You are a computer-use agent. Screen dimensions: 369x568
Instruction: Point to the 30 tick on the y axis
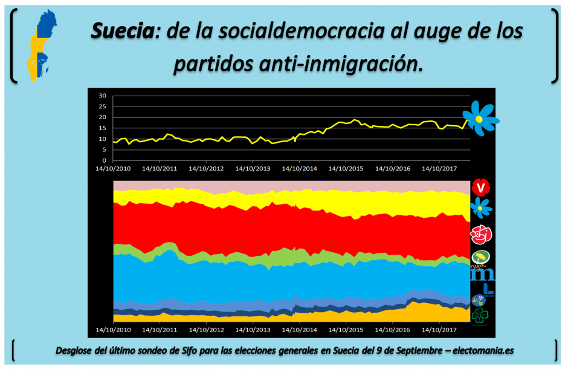point(102,96)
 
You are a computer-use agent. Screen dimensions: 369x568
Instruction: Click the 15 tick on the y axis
point(102,128)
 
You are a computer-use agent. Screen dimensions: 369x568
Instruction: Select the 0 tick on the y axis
point(104,160)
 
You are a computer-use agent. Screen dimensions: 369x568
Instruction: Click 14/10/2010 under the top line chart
point(113,169)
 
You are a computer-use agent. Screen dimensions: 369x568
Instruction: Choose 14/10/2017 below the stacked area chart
point(438,330)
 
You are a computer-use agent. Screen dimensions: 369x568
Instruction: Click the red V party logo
point(481,188)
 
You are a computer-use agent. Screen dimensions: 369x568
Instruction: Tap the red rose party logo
point(481,233)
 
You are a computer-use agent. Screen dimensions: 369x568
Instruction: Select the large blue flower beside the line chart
point(480,118)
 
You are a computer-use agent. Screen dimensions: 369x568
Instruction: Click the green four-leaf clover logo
point(481,315)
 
